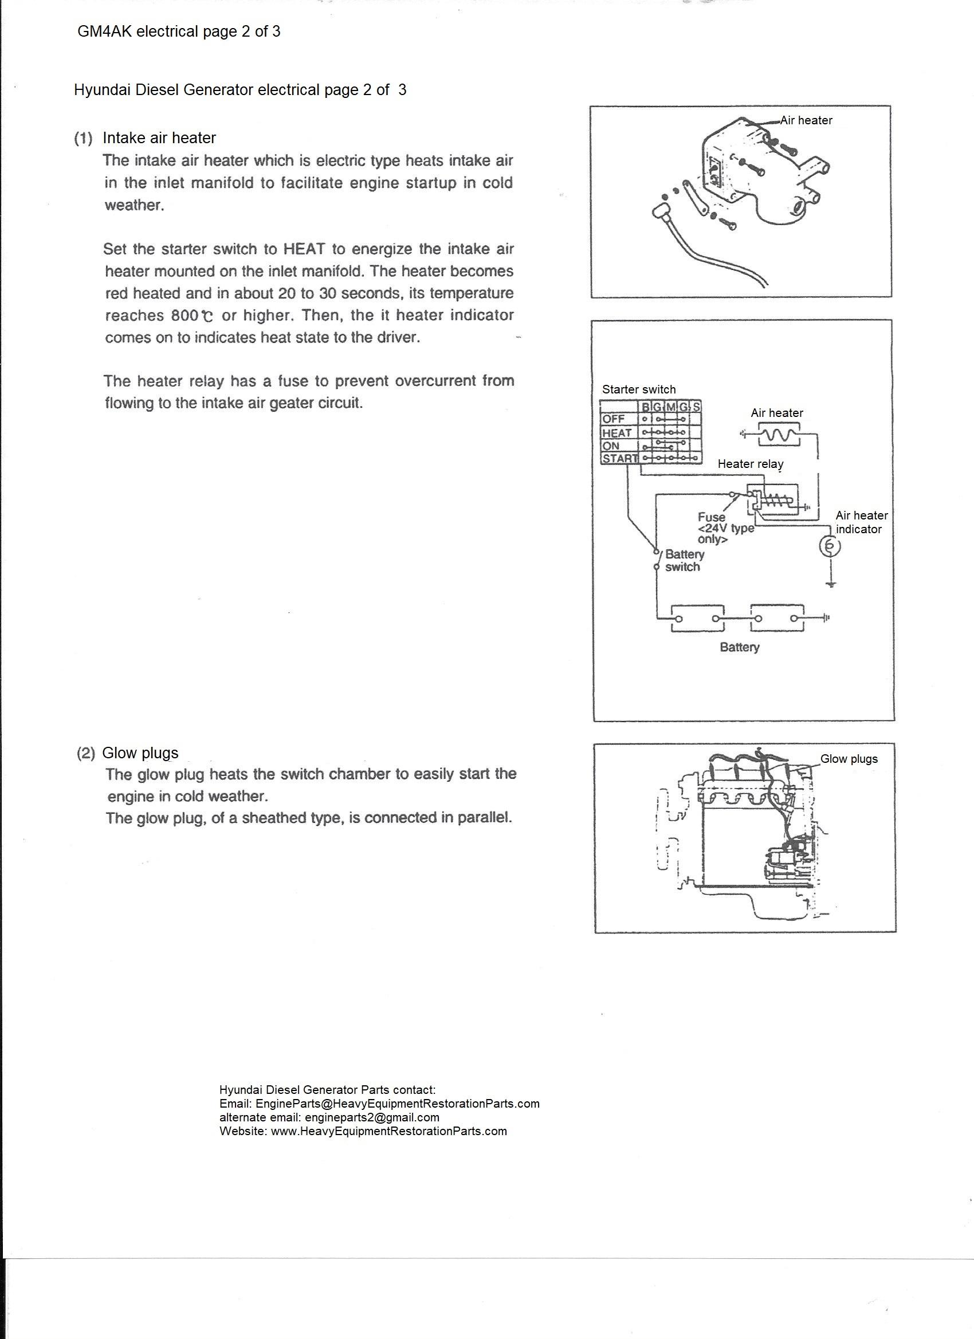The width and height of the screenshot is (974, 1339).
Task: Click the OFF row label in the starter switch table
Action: pos(613,419)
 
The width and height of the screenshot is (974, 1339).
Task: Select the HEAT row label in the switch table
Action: pos(616,433)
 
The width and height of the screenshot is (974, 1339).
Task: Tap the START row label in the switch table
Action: pos(619,458)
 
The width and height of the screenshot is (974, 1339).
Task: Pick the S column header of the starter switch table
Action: pos(696,407)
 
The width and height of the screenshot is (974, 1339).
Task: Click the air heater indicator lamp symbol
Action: pos(830,547)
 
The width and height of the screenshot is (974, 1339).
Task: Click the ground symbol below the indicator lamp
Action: pos(831,585)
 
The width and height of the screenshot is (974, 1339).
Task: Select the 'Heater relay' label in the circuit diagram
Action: pos(750,464)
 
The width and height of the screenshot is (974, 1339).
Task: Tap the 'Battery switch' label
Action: pos(684,560)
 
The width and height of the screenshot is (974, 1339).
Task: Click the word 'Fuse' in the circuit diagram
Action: pos(711,517)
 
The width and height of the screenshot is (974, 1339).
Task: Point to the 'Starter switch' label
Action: pos(638,389)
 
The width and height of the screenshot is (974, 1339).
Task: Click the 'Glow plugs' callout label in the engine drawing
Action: pos(848,759)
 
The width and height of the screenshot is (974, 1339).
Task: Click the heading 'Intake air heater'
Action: pos(159,138)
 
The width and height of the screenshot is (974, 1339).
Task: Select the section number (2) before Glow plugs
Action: pos(85,753)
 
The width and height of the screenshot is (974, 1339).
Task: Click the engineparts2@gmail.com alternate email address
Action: pos(371,1117)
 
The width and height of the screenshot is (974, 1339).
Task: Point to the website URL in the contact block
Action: pos(388,1131)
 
